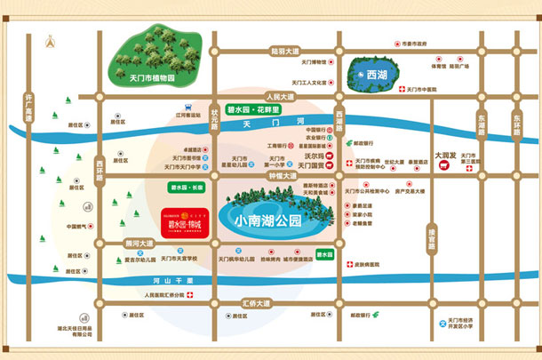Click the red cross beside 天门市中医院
pyautogui.click(x=402, y=90)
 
